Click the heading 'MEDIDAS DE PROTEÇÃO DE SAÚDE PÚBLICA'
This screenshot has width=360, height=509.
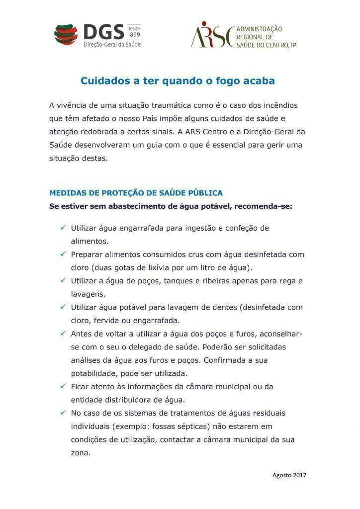(136, 193)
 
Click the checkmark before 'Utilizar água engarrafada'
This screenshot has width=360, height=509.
(63, 228)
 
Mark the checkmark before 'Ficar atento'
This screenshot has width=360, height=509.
(63, 386)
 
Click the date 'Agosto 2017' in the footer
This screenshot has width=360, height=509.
(289, 475)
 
